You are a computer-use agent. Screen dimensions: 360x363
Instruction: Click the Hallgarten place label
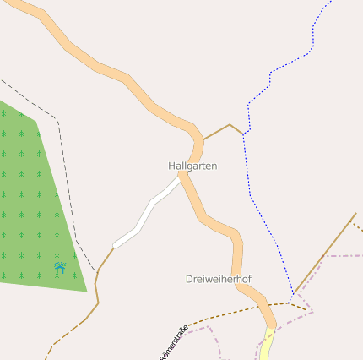point(192,166)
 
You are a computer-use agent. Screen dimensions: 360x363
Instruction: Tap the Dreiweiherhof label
point(218,279)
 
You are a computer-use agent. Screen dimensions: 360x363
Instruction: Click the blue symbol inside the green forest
point(60,268)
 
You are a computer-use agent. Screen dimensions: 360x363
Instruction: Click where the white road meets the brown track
point(114,247)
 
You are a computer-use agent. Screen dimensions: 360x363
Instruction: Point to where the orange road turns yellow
point(272,329)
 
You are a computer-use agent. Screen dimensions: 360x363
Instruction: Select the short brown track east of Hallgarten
point(218,131)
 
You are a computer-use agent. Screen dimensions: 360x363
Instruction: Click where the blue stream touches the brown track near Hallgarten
point(244,134)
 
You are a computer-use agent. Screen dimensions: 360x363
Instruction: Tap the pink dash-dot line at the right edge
point(346,255)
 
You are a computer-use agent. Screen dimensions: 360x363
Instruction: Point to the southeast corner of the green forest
point(87,292)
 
